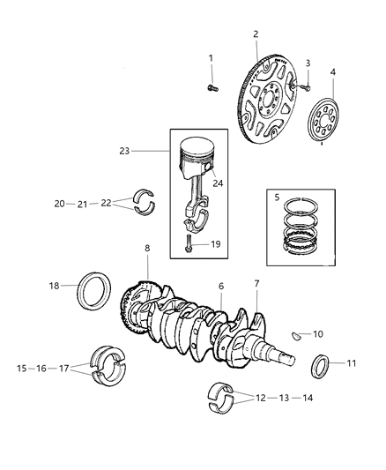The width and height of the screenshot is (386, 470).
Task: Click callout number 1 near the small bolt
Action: (211, 58)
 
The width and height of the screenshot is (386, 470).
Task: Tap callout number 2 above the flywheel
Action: (256, 34)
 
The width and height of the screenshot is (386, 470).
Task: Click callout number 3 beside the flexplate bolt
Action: (308, 63)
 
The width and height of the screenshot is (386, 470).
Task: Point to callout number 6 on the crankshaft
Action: (221, 287)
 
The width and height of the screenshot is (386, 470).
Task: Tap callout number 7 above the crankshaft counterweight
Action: (256, 283)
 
